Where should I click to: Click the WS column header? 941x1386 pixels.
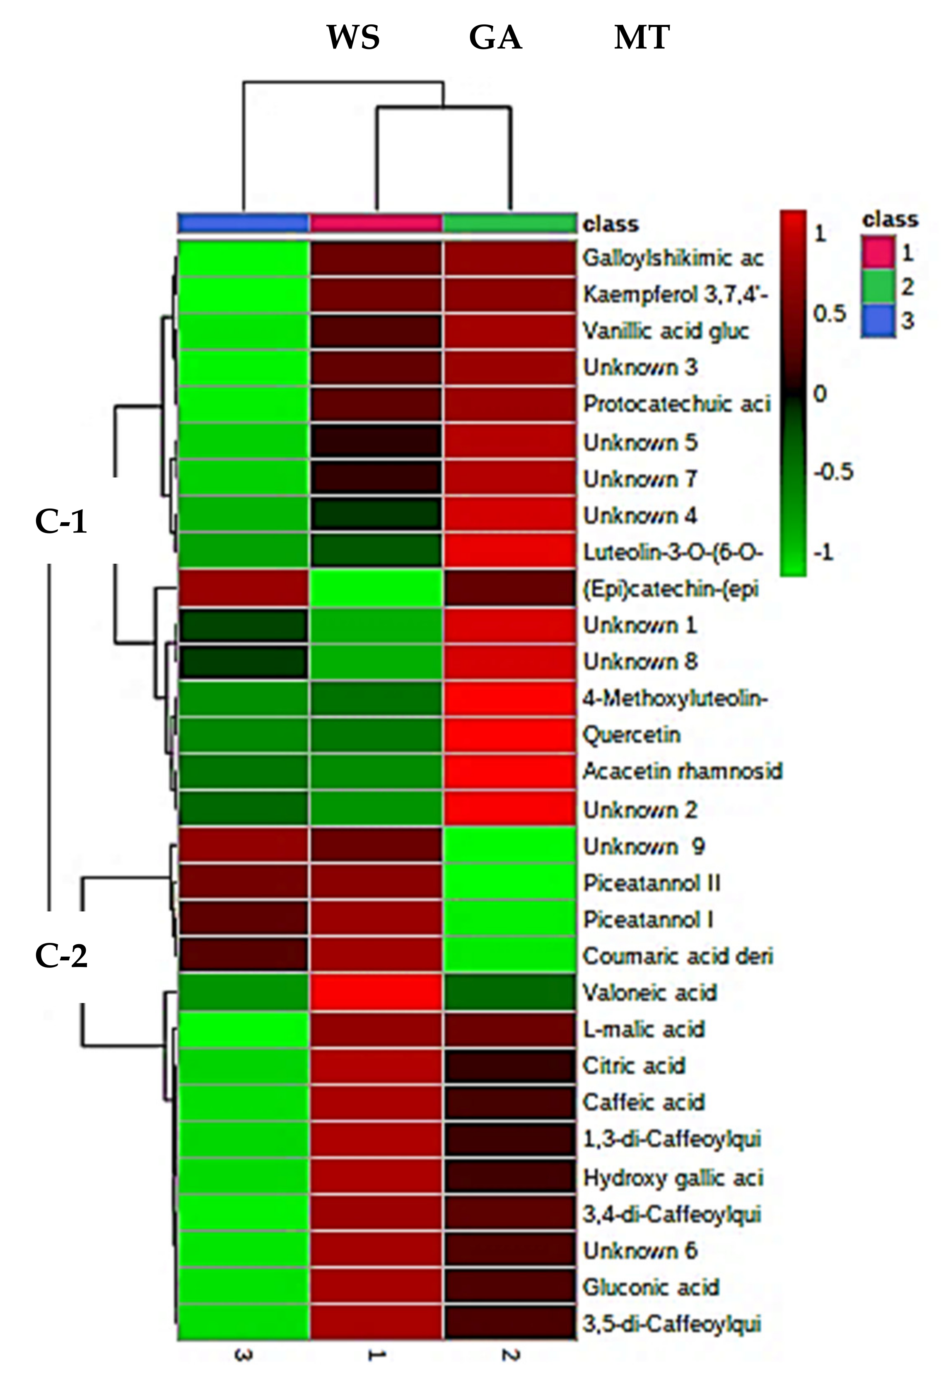(353, 38)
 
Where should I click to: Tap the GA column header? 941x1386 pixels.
(495, 38)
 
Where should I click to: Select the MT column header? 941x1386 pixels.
(642, 38)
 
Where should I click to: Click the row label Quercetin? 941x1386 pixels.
(632, 735)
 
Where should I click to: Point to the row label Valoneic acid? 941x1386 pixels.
(649, 993)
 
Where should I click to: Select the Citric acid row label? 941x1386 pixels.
(634, 1066)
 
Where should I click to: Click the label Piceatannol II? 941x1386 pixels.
(652, 883)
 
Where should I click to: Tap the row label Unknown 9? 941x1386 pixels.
(644, 847)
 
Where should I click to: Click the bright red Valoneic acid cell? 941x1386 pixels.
(376, 993)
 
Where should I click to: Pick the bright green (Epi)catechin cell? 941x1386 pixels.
(376, 589)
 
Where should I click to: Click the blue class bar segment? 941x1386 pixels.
(243, 223)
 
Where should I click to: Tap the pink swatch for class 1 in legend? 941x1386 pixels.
(877, 252)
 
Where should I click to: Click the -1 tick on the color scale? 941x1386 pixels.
(824, 553)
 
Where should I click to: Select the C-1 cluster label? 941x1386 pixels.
(61, 521)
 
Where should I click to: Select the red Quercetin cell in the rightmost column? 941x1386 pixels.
(510, 735)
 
